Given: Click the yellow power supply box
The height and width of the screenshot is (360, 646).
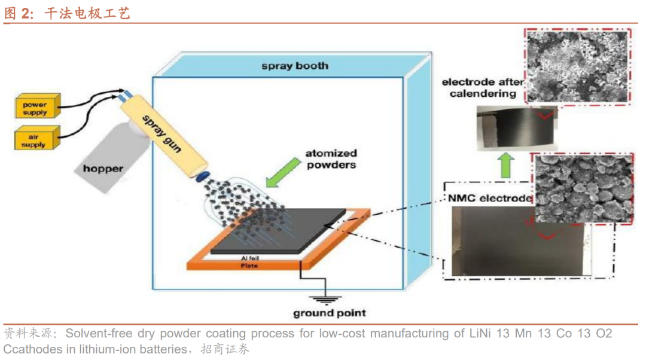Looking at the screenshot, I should [35, 108].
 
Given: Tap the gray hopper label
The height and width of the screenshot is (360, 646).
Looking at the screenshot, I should [103, 169].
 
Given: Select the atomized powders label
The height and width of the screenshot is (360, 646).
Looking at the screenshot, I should [331, 159].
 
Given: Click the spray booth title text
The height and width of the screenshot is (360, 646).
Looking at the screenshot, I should [295, 66].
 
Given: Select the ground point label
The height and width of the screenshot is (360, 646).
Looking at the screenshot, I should [330, 313].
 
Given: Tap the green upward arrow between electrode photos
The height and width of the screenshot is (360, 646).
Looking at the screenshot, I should [505, 164].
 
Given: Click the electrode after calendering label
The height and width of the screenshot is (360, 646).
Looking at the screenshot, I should [482, 87].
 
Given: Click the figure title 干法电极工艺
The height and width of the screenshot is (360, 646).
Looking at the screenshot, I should [87, 14].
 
